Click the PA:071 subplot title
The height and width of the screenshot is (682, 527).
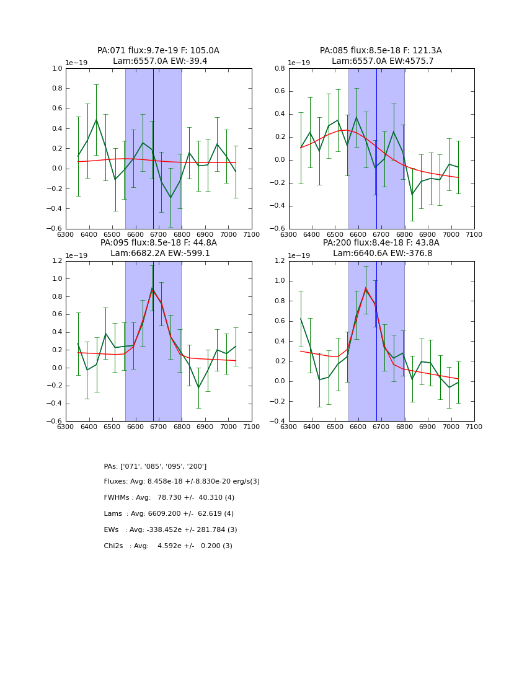click(x=158, y=51)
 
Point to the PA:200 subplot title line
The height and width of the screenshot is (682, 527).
click(x=381, y=243)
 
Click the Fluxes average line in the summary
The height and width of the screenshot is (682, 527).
click(x=182, y=482)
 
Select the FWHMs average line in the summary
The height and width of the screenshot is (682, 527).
click(x=169, y=498)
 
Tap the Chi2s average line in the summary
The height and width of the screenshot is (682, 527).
click(x=168, y=546)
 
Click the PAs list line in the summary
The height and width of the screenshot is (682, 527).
click(x=155, y=466)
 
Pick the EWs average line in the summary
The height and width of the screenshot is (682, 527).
click(x=170, y=530)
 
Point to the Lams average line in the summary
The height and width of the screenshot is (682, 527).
click(x=169, y=514)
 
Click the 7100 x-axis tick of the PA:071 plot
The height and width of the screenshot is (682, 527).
click(x=252, y=234)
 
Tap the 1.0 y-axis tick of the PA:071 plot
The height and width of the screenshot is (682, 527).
click(x=58, y=69)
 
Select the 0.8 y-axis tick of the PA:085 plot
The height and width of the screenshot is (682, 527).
click(x=281, y=69)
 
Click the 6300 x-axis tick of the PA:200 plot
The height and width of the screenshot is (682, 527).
click(x=289, y=427)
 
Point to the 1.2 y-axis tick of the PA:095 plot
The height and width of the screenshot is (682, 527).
click(x=58, y=261)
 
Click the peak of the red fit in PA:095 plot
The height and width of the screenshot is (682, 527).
click(x=153, y=290)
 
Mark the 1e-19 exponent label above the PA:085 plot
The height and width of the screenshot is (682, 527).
click(x=300, y=63)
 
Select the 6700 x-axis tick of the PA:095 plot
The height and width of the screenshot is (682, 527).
click(x=159, y=427)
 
